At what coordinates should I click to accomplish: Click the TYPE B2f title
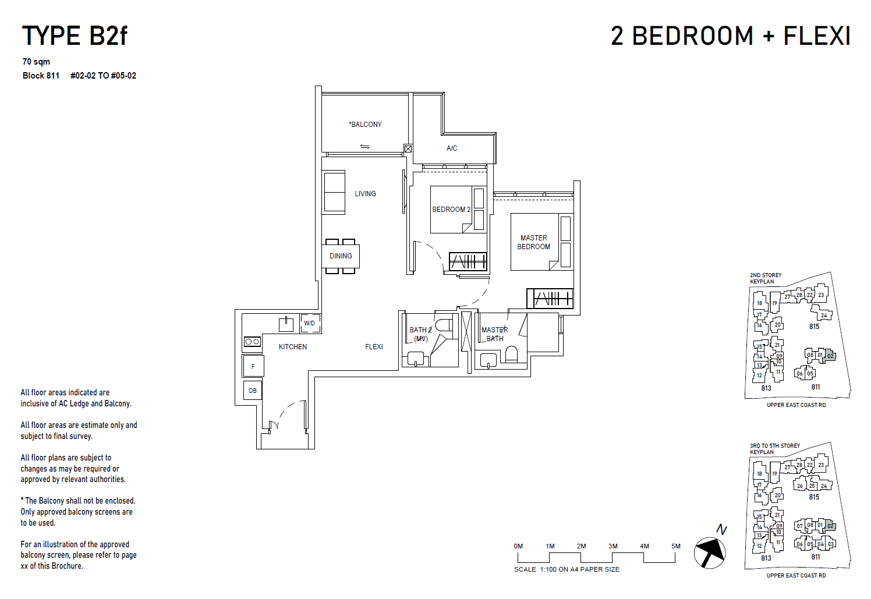75,36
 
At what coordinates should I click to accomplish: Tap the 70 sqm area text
36,62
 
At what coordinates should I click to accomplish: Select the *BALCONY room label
366,125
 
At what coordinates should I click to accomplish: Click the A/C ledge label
452,148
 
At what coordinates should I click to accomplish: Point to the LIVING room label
365,194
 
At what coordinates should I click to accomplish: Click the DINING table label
341,256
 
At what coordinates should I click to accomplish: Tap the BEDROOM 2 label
451,210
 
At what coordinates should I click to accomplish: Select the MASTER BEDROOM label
533,242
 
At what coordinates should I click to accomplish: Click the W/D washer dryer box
310,323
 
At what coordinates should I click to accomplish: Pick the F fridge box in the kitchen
253,367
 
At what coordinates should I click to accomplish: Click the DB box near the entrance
253,391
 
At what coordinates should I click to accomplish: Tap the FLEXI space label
374,347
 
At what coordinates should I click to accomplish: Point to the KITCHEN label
292,347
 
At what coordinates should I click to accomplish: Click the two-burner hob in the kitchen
252,342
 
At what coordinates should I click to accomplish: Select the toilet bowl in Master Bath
511,353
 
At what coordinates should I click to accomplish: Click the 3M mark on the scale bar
612,547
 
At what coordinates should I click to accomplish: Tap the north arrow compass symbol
710,552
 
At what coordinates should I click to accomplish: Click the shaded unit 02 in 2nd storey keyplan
830,356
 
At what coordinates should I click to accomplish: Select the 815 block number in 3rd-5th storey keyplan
814,497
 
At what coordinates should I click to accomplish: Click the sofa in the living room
334,192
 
